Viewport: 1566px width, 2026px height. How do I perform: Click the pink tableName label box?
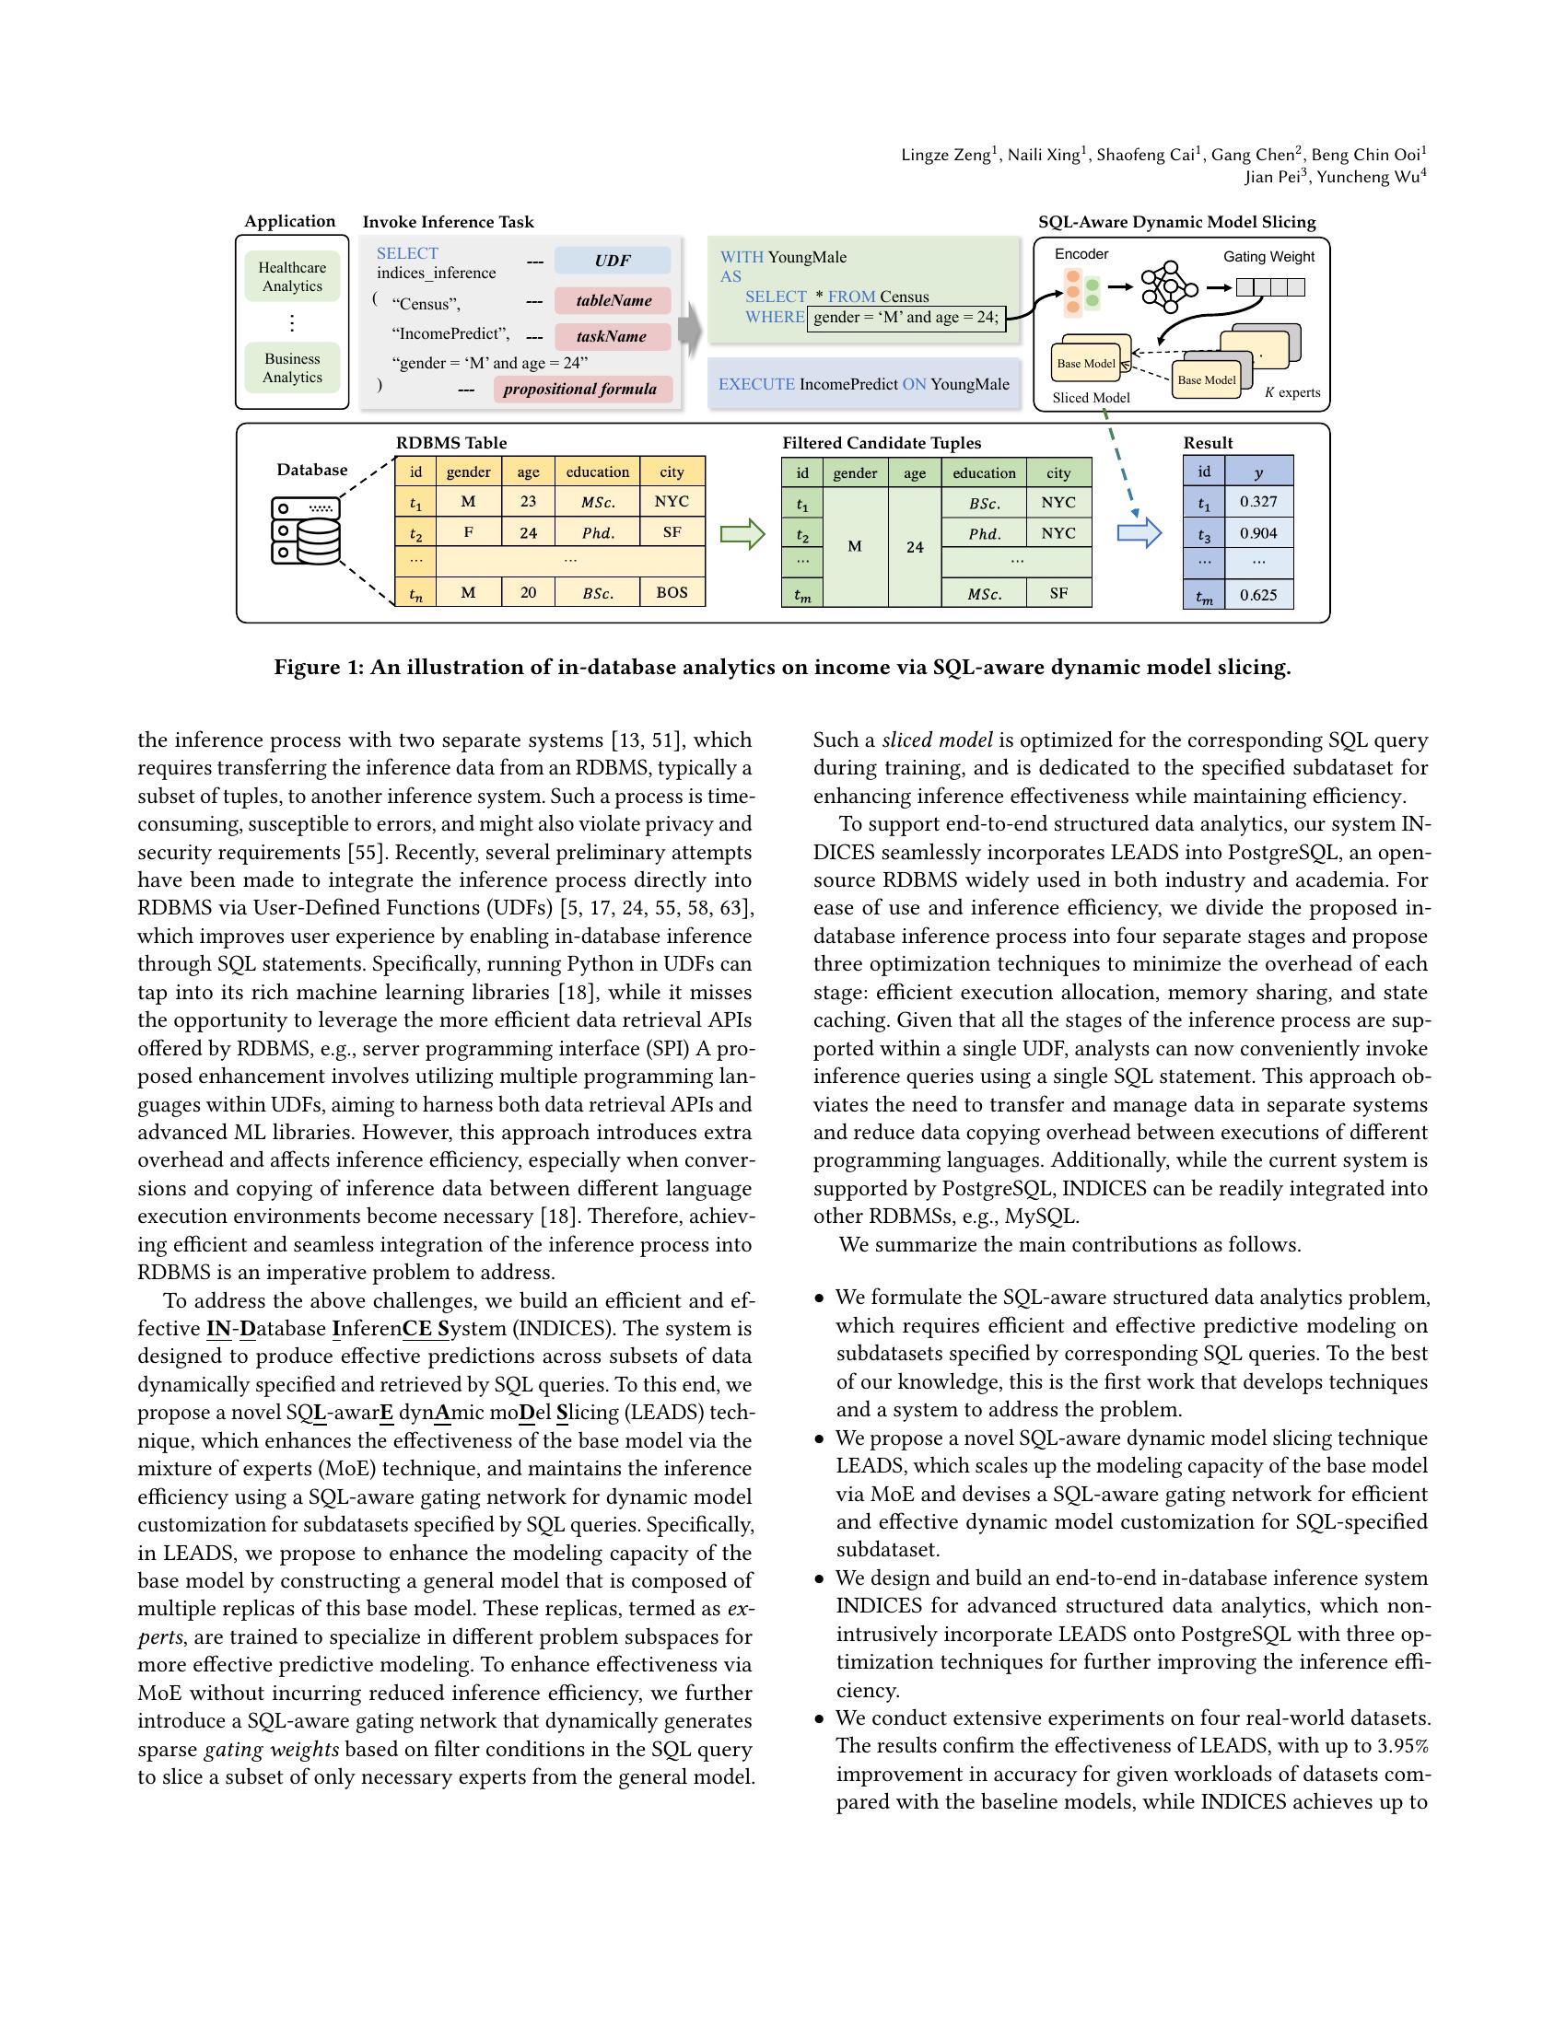pos(613,300)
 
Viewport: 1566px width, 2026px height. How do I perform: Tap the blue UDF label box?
pos(613,261)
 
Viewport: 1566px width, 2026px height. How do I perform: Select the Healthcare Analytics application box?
pos(292,277)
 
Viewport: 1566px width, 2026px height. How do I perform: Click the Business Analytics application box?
pos(292,368)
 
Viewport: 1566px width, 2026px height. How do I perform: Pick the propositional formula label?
pos(580,389)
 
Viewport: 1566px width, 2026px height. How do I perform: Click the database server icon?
pos(306,530)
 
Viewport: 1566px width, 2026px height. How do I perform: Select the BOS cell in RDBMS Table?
pos(672,592)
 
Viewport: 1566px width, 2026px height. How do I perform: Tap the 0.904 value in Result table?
pos(1258,533)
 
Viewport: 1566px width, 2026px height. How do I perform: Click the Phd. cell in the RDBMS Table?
pos(598,532)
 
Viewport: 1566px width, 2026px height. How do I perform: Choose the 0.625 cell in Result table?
pos(1258,595)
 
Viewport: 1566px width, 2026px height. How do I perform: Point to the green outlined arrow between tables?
pos(742,534)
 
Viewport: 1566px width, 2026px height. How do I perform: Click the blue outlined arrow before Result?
pos(1139,533)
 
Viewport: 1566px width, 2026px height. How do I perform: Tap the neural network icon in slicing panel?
pos(1169,287)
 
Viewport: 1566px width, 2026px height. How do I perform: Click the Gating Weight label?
pos(1268,257)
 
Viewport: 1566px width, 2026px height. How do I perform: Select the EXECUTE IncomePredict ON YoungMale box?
pos(863,384)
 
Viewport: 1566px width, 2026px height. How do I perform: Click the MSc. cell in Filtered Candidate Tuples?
pos(984,594)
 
